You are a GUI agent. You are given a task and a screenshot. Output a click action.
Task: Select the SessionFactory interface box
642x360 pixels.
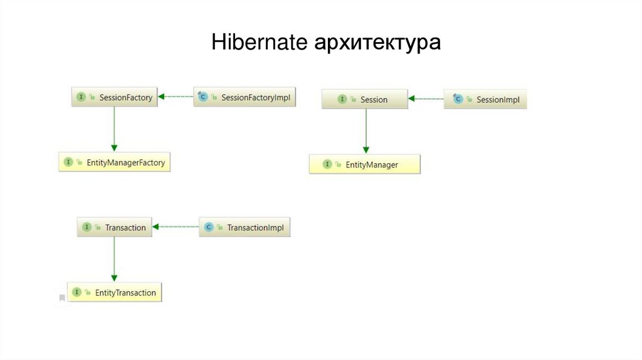(x=114, y=97)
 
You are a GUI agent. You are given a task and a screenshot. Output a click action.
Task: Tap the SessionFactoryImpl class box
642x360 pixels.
(x=245, y=97)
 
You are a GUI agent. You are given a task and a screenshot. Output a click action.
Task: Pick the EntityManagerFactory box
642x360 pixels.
(x=115, y=162)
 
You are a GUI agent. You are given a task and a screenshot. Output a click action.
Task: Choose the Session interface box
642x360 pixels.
(x=365, y=99)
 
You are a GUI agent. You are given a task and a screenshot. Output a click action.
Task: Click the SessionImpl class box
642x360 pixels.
(x=485, y=99)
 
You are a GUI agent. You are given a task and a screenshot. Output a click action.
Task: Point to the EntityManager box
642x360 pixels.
(x=365, y=164)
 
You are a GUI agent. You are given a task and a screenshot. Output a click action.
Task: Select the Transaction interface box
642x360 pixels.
(x=114, y=227)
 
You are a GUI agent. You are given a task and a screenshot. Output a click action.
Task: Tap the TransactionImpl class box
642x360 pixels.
(x=245, y=227)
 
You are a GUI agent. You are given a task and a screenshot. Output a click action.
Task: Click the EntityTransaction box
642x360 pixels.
(x=115, y=292)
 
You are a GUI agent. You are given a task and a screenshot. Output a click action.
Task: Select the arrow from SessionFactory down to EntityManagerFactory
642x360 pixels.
(x=114, y=129)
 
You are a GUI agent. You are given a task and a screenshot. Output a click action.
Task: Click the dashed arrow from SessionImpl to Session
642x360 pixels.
(x=426, y=98)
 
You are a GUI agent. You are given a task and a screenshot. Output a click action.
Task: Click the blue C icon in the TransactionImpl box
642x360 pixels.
(x=209, y=227)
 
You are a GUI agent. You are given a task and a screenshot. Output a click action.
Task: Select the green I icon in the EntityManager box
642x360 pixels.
(x=327, y=164)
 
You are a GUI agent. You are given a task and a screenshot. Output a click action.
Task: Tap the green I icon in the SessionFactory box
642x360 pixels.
(x=81, y=97)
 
